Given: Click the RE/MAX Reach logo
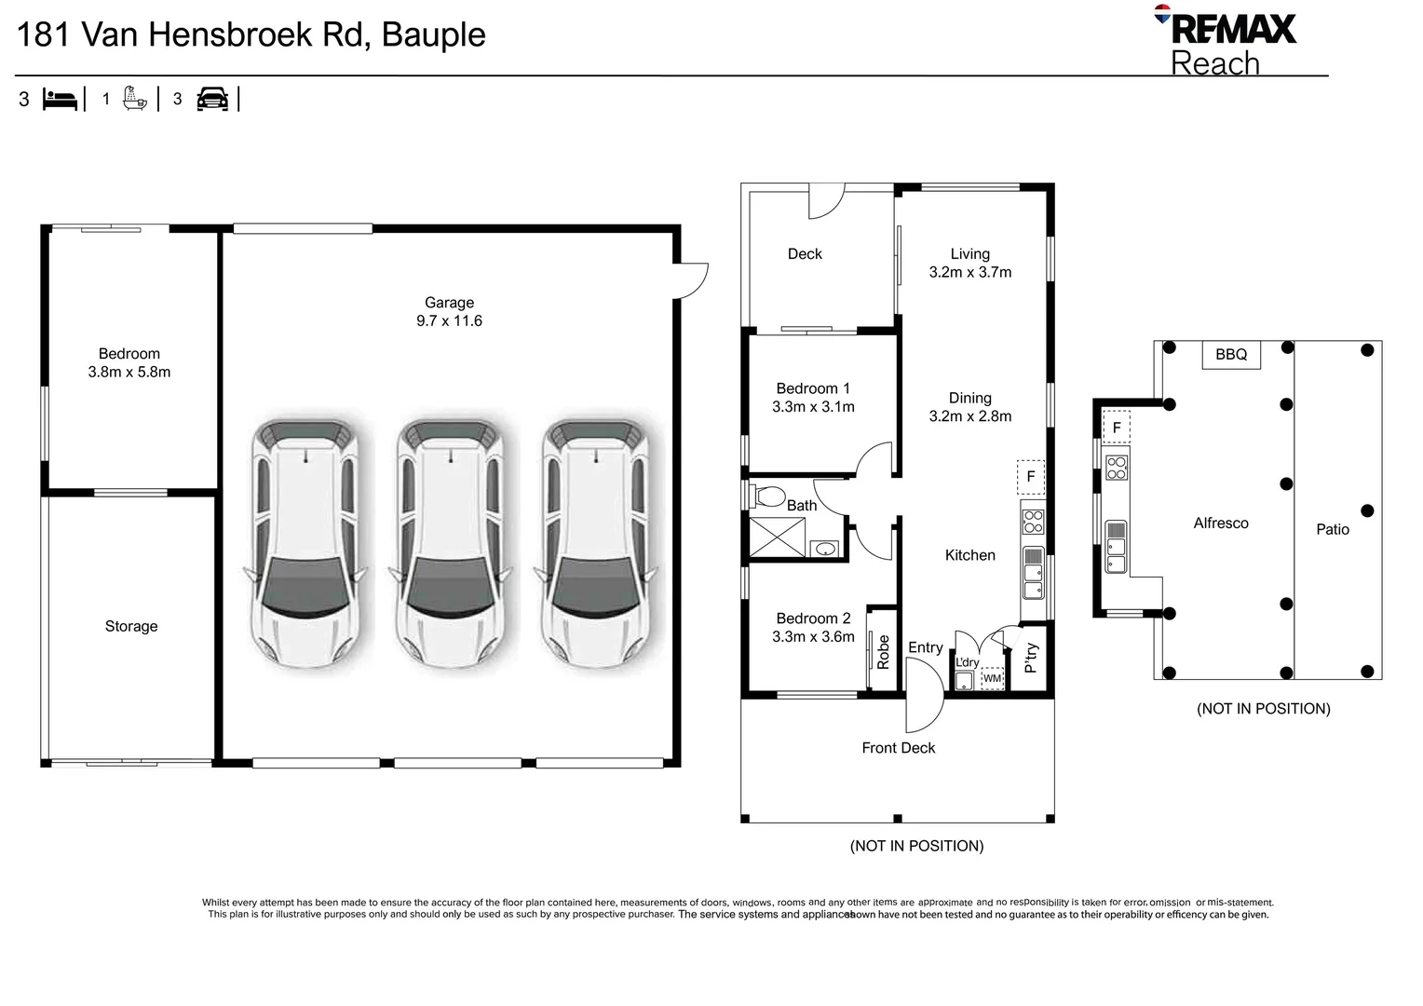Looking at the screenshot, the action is (1226, 41).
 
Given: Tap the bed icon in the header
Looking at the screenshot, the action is (60, 100).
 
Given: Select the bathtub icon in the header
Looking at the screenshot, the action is (135, 99).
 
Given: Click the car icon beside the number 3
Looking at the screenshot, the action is (212, 99).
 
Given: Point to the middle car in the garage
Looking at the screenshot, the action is (451, 543).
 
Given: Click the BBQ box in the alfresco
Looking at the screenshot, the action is (1231, 355).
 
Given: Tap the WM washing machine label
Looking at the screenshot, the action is (992, 679).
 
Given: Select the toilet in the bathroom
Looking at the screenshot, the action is (767, 496).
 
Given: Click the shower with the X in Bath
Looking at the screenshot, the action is (778, 537).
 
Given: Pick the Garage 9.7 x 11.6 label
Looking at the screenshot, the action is (449, 311).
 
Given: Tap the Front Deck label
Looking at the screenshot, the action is (899, 748).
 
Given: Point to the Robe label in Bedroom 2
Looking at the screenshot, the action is (883, 652).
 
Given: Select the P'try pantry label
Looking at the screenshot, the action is (1030, 658).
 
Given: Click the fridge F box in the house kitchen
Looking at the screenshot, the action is (1031, 477).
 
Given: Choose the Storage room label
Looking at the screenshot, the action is (131, 627).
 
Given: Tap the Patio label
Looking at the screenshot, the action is (1332, 529).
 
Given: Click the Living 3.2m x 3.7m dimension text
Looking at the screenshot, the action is (970, 272).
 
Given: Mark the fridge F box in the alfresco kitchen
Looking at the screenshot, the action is (1117, 428).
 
